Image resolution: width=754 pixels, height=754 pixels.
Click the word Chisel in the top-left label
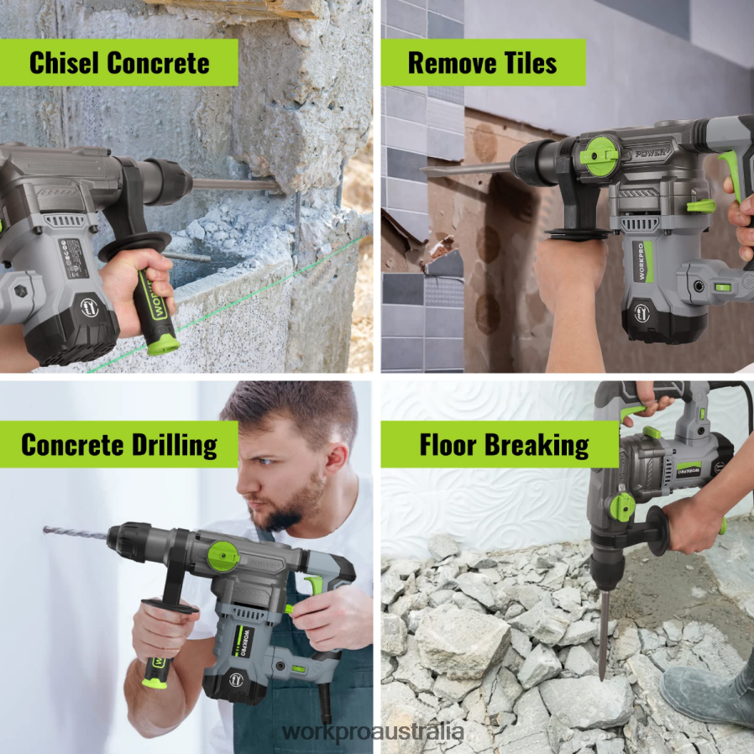(x=65, y=62)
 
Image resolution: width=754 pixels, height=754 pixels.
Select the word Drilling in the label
(x=175, y=444)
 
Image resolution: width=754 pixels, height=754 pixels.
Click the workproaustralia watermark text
(x=373, y=731)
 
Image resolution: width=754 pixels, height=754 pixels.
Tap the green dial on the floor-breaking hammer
(x=622, y=507)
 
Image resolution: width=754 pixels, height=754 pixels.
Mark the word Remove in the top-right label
(x=443, y=62)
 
